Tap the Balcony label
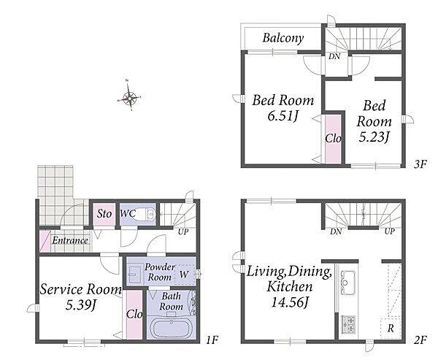pos(283,38)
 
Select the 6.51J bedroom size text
pos(282,115)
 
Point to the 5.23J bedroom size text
pos(374,137)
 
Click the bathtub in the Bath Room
pos(170,329)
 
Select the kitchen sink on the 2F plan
pos(347,283)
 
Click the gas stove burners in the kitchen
pos(347,324)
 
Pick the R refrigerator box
pos(391,328)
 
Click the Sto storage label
pos(104,214)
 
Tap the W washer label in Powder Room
pos(184,274)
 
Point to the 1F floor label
pos(212,340)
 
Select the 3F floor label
pos(420,164)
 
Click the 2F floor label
pos(420,340)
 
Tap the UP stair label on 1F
pos(183,231)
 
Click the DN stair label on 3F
pos(334,56)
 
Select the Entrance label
pos(70,240)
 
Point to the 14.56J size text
pos(290,302)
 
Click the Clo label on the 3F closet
pos(333,138)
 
